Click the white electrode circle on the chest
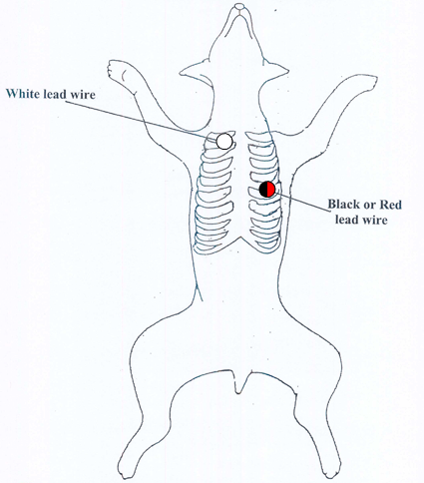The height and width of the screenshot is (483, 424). click(x=224, y=141)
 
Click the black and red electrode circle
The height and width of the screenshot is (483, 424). click(x=267, y=190)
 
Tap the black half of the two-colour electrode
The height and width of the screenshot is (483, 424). click(x=263, y=190)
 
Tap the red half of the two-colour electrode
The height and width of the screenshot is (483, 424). click(x=271, y=190)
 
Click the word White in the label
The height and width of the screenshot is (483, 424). click(x=23, y=94)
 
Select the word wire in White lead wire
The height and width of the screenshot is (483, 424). click(x=83, y=95)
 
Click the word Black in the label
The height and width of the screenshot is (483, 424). click(x=343, y=204)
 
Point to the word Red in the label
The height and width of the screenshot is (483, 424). click(x=391, y=204)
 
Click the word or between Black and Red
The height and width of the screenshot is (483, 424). click(x=369, y=206)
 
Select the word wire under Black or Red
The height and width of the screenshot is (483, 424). click(x=375, y=220)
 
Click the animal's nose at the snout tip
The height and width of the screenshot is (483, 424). click(x=239, y=7)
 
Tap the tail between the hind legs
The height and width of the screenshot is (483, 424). click(x=239, y=382)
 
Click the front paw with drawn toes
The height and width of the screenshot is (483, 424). click(x=119, y=71)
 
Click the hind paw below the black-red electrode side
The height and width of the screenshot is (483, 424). click(x=331, y=467)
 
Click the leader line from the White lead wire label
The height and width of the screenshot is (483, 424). click(x=141, y=120)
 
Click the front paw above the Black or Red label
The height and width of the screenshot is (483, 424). click(x=367, y=83)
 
